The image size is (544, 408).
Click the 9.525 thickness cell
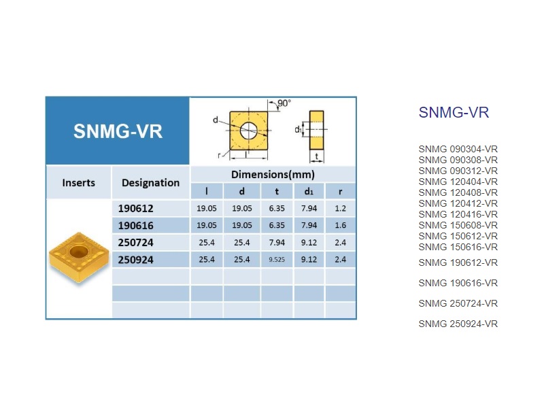pyautogui.click(x=277, y=260)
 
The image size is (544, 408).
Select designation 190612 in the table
pyautogui.click(x=135, y=208)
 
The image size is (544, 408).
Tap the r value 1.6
pyautogui.click(x=341, y=225)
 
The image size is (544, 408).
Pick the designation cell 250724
pyautogui.click(x=135, y=242)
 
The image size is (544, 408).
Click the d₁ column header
pyautogui.click(x=309, y=191)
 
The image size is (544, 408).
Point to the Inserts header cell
pyautogui.click(x=78, y=182)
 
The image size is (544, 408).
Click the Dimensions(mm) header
pyautogui.click(x=273, y=174)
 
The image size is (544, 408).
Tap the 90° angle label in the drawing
pyautogui.click(x=284, y=103)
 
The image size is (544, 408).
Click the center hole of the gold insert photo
pyautogui.click(x=78, y=251)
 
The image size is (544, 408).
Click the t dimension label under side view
pyautogui.click(x=317, y=156)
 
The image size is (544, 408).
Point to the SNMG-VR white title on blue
pyautogui.click(x=118, y=131)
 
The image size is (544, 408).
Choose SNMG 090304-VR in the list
pyautogui.click(x=458, y=149)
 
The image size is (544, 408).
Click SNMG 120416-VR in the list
pyautogui.click(x=458, y=214)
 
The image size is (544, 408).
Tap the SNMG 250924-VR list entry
pyautogui.click(x=458, y=324)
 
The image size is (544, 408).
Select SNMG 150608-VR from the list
pyautogui.click(x=458, y=225)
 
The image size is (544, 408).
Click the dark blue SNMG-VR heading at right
pyautogui.click(x=454, y=112)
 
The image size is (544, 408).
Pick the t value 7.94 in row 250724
pyautogui.click(x=277, y=242)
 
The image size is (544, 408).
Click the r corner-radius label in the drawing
pyautogui.click(x=219, y=155)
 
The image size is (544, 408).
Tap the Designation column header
pyautogui.click(x=150, y=182)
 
